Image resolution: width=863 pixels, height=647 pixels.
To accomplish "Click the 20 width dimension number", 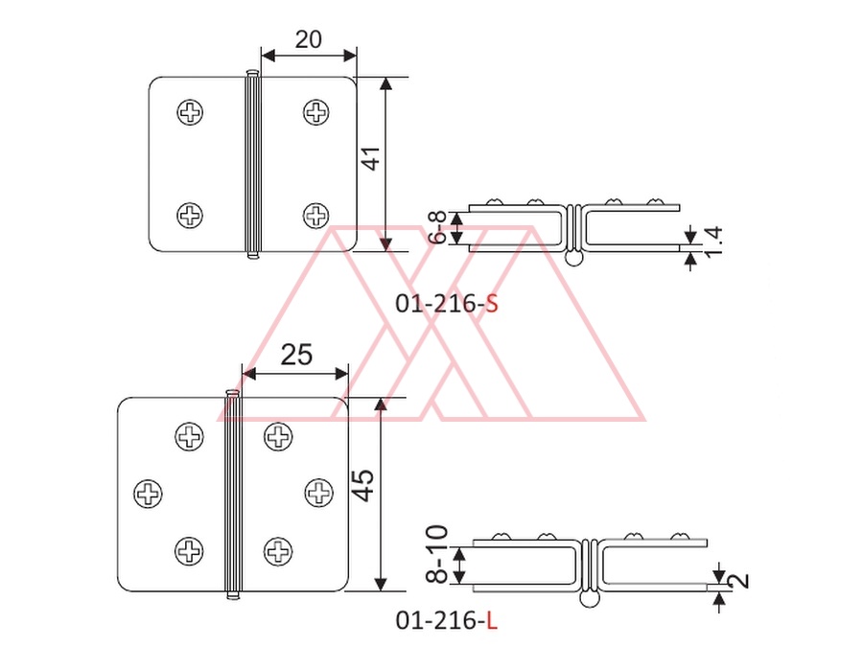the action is [308, 39].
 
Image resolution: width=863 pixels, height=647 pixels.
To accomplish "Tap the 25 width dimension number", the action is [296, 355].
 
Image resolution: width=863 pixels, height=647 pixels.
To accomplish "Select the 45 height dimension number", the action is [362, 485].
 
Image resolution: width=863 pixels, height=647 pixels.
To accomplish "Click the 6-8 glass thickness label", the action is [438, 227].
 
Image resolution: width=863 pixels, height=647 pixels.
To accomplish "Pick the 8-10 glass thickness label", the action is [437, 554].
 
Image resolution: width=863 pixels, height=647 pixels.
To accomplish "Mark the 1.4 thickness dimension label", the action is [713, 243].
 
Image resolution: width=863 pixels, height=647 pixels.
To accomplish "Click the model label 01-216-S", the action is [447, 304].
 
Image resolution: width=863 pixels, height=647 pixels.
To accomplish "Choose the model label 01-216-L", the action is [446, 620].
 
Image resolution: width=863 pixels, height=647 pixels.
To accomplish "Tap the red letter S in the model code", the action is [492, 304].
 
